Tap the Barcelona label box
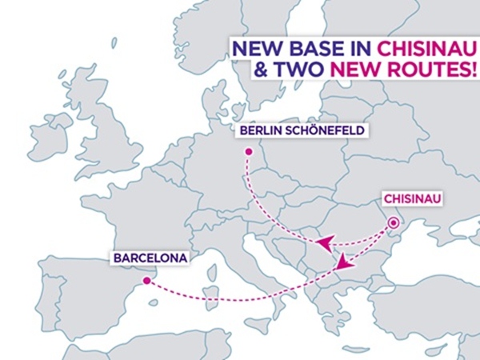pos(150,258)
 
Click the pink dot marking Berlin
pos(248,151)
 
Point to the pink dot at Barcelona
pos(145,281)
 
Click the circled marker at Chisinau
pos(394,223)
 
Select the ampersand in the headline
pos(261,70)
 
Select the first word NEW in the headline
pos(255,49)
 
